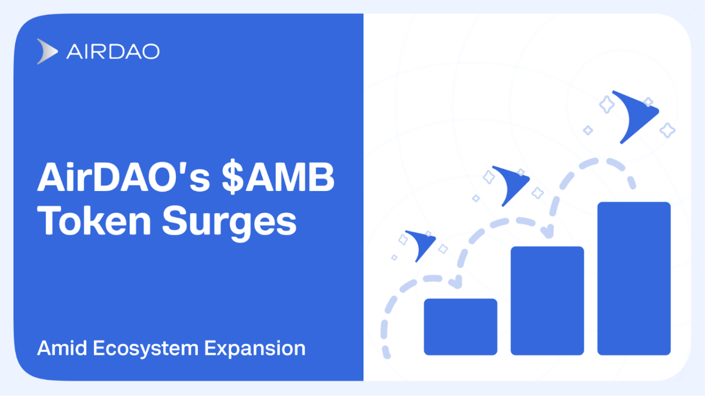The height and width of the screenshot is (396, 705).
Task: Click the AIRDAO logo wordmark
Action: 113,51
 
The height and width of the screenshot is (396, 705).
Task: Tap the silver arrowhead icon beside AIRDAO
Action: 46,51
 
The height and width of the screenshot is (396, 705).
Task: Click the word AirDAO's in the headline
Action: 123,178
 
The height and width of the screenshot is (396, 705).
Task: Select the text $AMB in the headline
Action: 278,178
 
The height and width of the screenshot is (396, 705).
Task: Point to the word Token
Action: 94,221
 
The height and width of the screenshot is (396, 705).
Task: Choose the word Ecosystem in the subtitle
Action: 145,349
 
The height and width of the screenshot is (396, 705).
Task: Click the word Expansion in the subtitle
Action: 255,349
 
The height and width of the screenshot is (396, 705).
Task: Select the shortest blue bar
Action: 460,326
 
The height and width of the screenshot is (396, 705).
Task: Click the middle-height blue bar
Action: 547,301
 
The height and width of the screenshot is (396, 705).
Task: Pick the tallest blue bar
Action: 634,278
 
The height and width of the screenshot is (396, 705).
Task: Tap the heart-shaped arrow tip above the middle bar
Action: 547,231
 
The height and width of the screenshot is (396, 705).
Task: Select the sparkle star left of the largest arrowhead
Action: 607,105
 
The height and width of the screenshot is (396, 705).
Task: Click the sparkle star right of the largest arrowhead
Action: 667,130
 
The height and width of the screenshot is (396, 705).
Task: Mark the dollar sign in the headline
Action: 232,178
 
